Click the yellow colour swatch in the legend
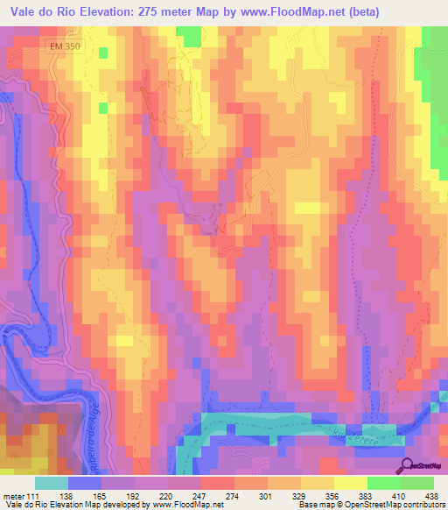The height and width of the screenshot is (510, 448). tap(350, 483)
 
